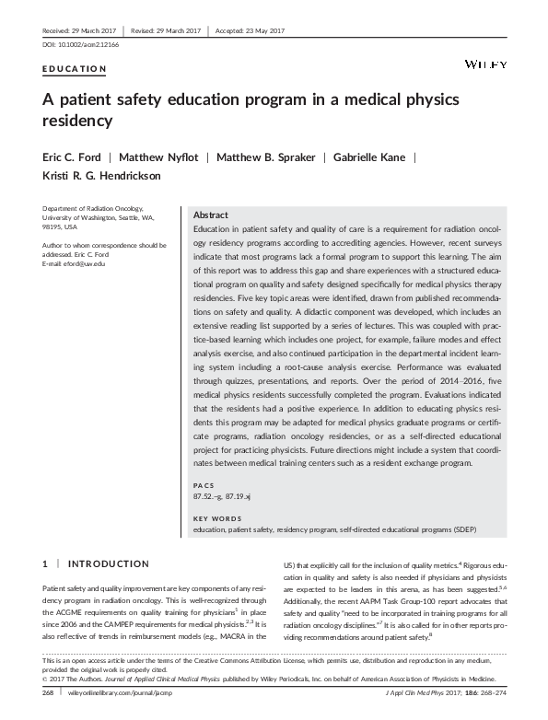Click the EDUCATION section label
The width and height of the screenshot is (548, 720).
75,69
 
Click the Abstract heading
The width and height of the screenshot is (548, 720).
211,214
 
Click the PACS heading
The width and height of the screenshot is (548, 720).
203,485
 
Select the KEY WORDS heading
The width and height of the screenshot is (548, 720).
217,519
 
